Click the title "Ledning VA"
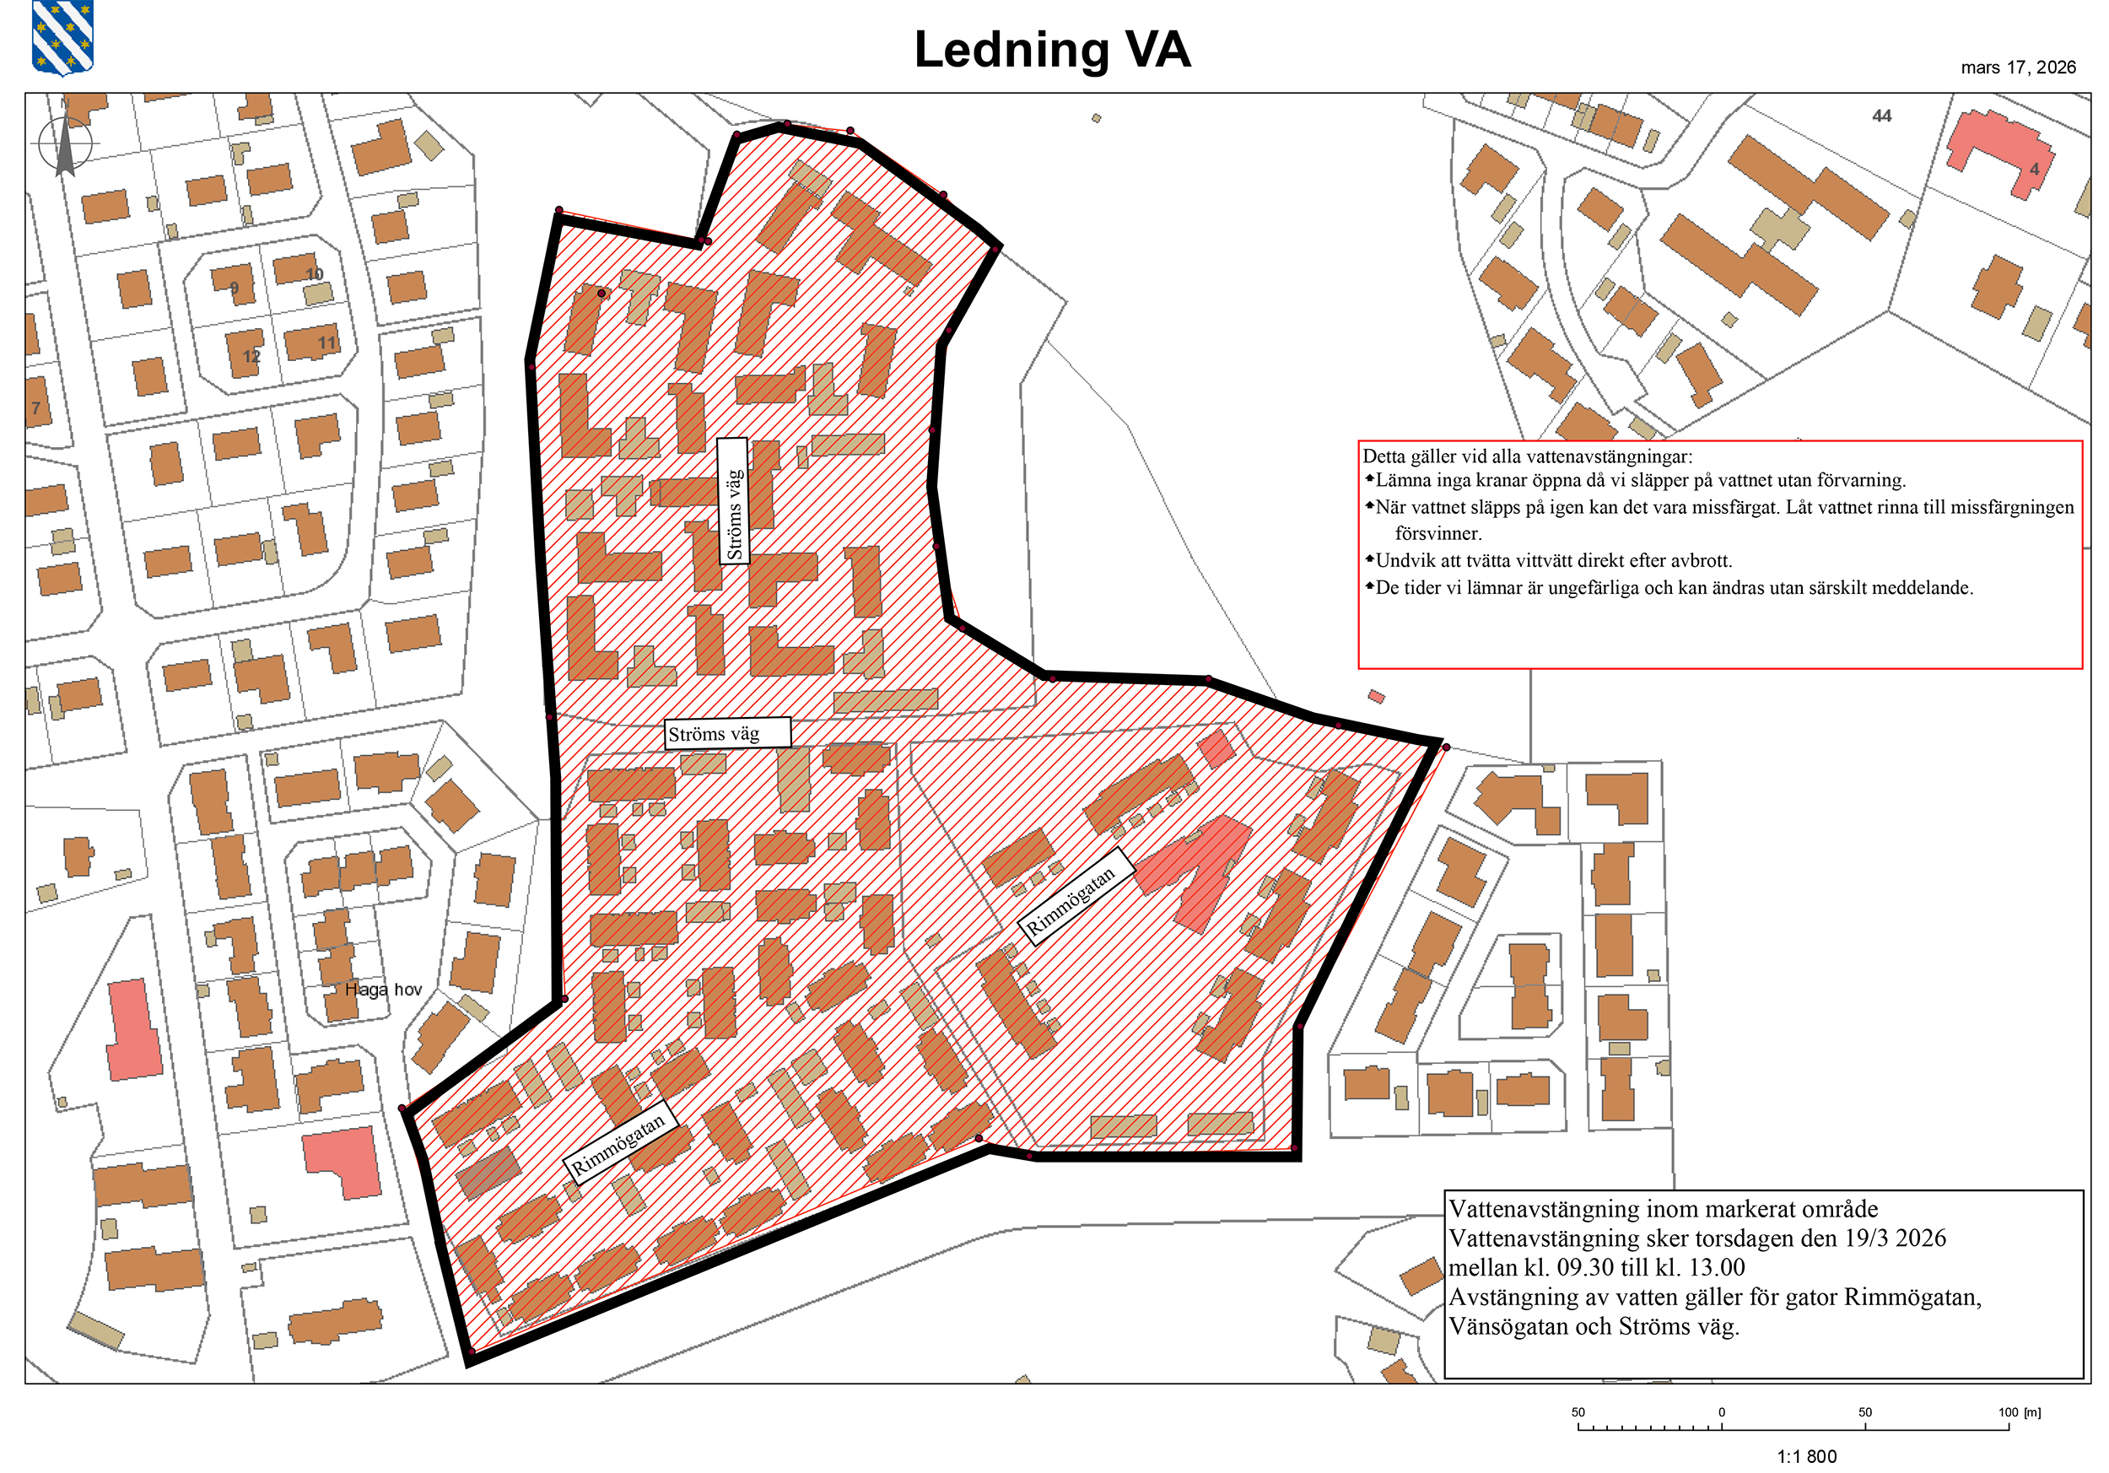(x=1052, y=50)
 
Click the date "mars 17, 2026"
(x=2018, y=67)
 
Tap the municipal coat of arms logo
(x=62, y=38)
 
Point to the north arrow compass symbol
(x=64, y=144)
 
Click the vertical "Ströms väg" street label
(x=734, y=500)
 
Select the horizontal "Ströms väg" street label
(x=726, y=734)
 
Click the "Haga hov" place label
(x=383, y=990)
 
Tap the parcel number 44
(x=1882, y=116)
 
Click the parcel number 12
(x=251, y=356)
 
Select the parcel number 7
(x=35, y=408)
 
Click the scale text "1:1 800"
(x=1807, y=1456)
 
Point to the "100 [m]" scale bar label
(x=2019, y=1412)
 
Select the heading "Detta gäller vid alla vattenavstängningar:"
(x=1527, y=456)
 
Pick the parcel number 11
(x=327, y=343)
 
